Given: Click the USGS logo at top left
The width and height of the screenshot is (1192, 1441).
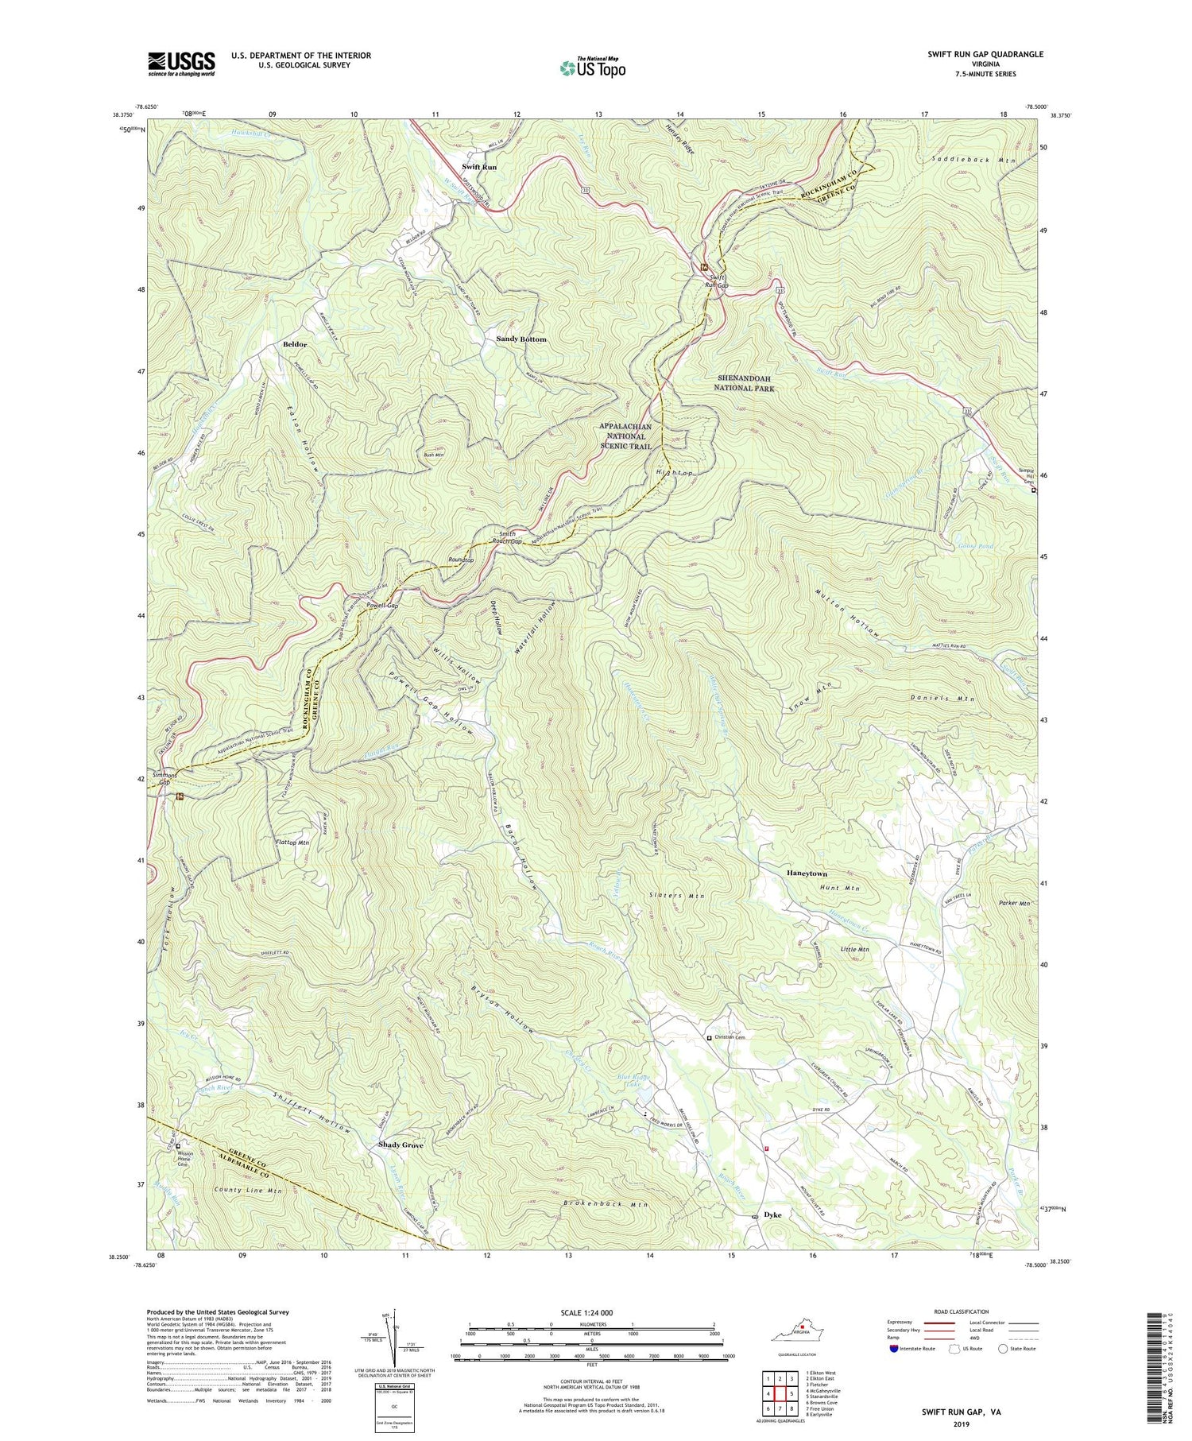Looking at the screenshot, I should tap(180, 63).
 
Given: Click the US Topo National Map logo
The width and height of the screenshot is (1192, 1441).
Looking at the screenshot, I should tap(592, 68).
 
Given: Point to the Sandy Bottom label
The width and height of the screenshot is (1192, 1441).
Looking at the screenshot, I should tap(521, 339).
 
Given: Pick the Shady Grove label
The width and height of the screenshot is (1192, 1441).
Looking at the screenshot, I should tap(397, 1145).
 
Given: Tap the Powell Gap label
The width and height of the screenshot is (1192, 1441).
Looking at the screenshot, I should tap(382, 605).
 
